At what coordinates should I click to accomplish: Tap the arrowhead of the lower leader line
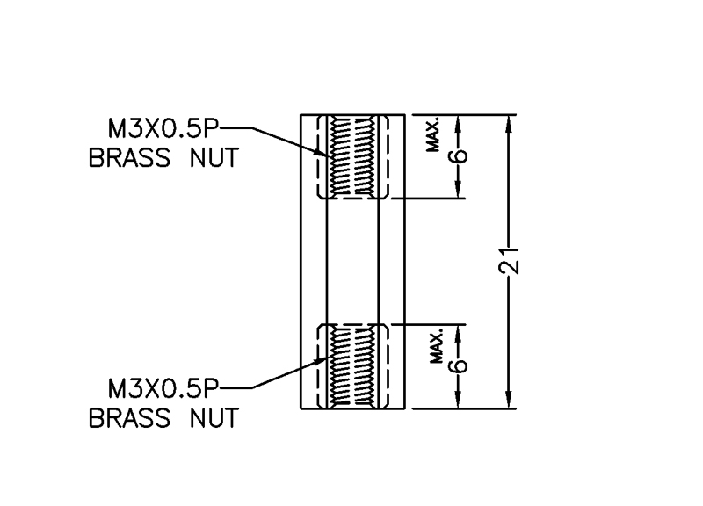[323, 361]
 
